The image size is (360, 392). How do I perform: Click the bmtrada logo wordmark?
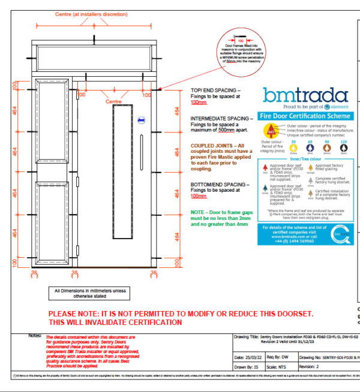pos(305,95)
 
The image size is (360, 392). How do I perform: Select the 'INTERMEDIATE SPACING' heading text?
pos(220,119)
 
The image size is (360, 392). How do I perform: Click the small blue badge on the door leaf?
pos(139,119)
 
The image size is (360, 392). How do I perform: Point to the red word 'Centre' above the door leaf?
pos(114,102)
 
